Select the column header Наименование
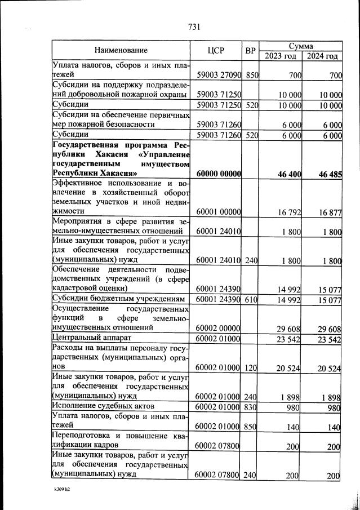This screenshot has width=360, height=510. [121, 50]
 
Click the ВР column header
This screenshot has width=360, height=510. [250, 50]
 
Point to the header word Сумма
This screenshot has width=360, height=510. [301, 45]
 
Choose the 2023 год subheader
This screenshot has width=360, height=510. [281, 55]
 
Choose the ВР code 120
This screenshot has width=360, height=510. [251, 368]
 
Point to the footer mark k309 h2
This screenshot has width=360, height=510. [61, 491]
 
